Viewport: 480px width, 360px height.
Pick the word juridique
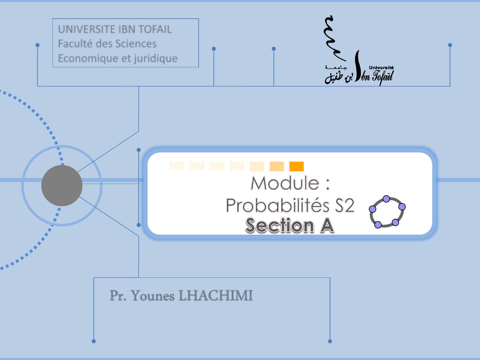[155, 58]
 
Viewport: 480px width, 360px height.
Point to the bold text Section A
[290, 225]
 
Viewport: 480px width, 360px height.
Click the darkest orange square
[296, 166]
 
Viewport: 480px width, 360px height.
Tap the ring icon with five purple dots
[387, 212]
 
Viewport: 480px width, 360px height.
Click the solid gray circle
[62, 185]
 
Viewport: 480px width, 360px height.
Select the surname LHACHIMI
[216, 296]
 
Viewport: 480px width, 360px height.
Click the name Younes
[153, 296]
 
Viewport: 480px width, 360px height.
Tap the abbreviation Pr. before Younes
[117, 296]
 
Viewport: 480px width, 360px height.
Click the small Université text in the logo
[381, 68]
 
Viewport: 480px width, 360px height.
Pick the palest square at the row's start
[177, 165]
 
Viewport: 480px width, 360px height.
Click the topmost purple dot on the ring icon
[386, 199]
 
